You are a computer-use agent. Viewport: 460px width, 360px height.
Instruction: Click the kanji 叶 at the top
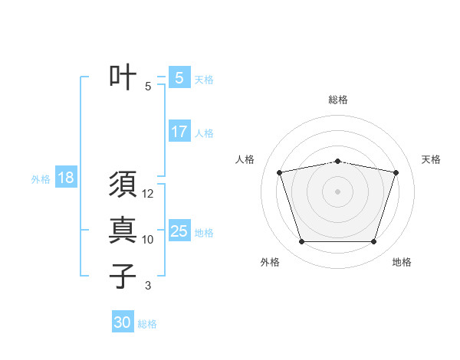(123, 77)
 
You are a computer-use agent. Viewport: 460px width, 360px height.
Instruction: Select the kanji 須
(123, 185)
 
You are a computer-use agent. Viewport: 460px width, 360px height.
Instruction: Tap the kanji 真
(123, 231)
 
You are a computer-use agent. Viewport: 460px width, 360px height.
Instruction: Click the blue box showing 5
(179, 77)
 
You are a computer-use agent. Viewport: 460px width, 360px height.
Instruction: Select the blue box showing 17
(179, 132)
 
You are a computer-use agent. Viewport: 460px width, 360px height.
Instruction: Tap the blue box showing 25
(179, 231)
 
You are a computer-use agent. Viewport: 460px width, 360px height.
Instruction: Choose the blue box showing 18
(66, 178)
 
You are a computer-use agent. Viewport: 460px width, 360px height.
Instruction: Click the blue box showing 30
(123, 322)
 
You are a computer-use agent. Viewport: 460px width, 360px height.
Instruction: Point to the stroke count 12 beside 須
(148, 195)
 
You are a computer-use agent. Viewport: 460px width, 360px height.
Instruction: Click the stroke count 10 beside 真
(148, 240)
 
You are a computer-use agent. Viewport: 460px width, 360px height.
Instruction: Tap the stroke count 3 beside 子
(148, 286)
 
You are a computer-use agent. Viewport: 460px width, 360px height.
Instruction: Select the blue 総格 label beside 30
(147, 324)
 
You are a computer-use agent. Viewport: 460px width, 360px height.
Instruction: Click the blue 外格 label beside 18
(41, 179)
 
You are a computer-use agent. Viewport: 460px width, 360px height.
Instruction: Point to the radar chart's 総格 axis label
(338, 100)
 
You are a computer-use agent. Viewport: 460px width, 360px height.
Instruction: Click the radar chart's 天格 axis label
(432, 159)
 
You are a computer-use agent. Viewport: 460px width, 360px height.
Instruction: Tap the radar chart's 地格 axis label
(402, 262)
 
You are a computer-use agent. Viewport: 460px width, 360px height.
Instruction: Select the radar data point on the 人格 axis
(280, 172)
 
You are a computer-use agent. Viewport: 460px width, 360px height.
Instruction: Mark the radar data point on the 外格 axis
(301, 242)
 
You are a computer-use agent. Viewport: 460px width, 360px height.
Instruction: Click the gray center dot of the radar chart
(338, 191)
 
